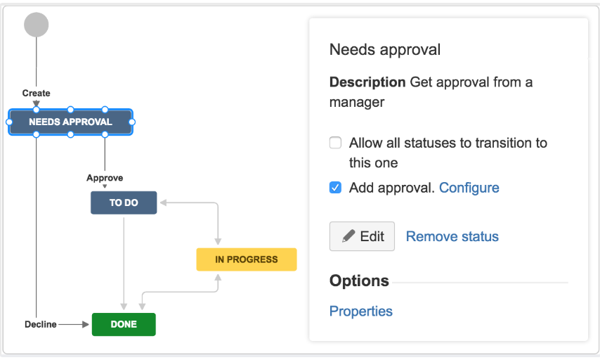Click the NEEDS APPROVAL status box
(x=71, y=122)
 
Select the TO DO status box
(x=124, y=202)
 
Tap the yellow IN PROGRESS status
(x=247, y=259)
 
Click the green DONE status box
(x=124, y=324)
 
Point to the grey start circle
(x=37, y=25)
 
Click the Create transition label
(x=36, y=93)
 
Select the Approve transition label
(x=105, y=178)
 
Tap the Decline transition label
(x=41, y=324)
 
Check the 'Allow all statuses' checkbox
(x=336, y=143)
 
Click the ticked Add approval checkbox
(x=336, y=188)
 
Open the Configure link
(x=469, y=188)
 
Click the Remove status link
(x=452, y=236)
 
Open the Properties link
(x=361, y=311)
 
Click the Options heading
(x=359, y=281)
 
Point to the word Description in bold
(x=367, y=82)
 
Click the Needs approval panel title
(x=385, y=49)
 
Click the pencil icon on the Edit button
(x=348, y=236)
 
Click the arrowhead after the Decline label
(x=85, y=324)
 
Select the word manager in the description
(x=357, y=102)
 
